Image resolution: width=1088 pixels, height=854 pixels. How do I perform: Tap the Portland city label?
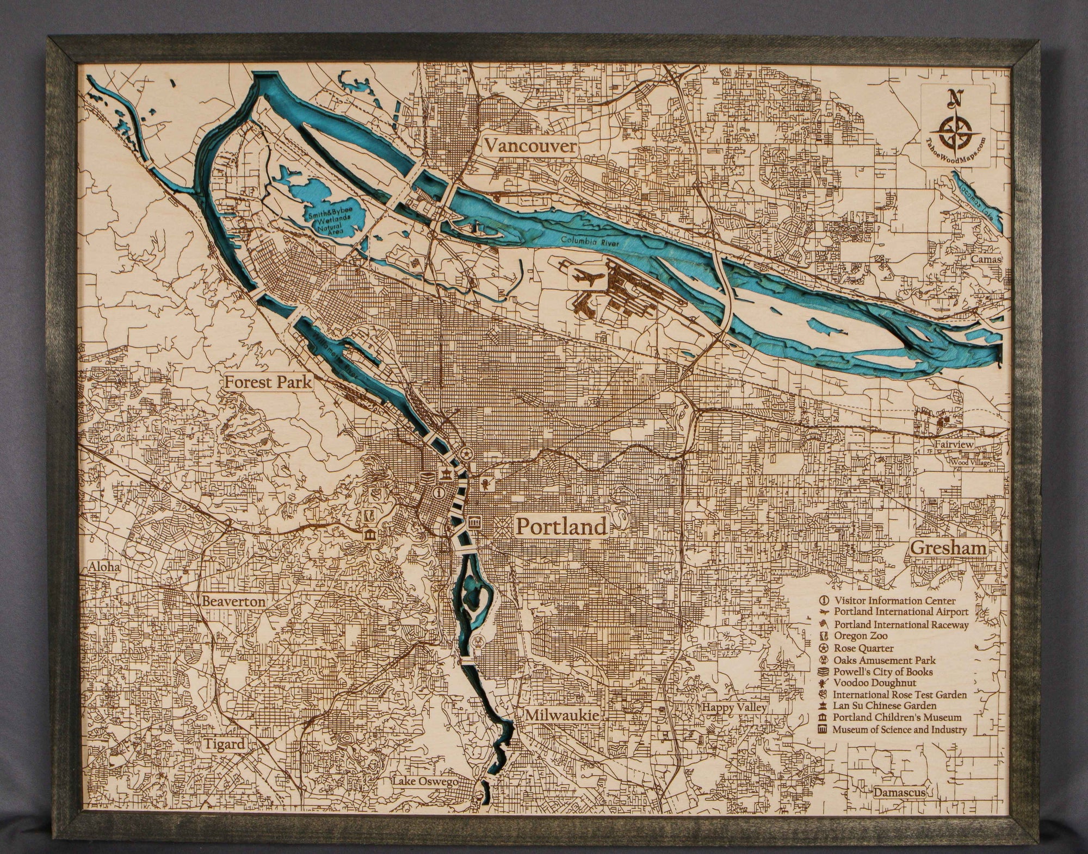click(561, 526)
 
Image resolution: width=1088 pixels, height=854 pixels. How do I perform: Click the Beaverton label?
click(233, 602)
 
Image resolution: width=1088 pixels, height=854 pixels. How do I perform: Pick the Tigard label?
click(225, 744)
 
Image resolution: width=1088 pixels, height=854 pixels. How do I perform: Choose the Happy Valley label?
click(733, 708)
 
